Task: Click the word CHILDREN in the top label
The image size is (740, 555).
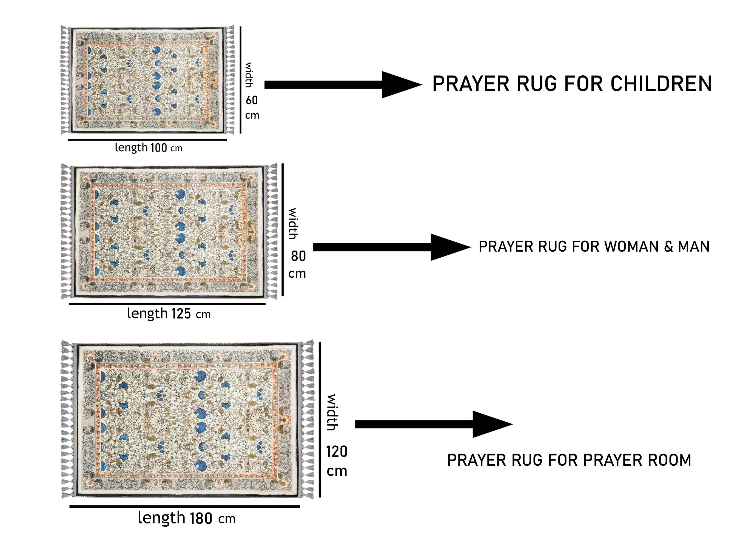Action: pos(661,84)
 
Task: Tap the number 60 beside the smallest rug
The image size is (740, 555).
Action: pos(252,100)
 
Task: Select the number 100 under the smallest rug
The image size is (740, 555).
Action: pos(159,147)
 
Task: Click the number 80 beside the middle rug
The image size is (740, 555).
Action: pos(298,256)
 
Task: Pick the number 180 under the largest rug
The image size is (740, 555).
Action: pos(201,519)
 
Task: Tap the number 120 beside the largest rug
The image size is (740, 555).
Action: pos(337,452)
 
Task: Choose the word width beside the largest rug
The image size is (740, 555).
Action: pos(332,412)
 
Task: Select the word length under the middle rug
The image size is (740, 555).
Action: pos(147,314)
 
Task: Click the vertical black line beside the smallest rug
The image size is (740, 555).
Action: pos(240,80)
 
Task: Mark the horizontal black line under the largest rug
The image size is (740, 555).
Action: pos(185,506)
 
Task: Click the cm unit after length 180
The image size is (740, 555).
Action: pos(227,519)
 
